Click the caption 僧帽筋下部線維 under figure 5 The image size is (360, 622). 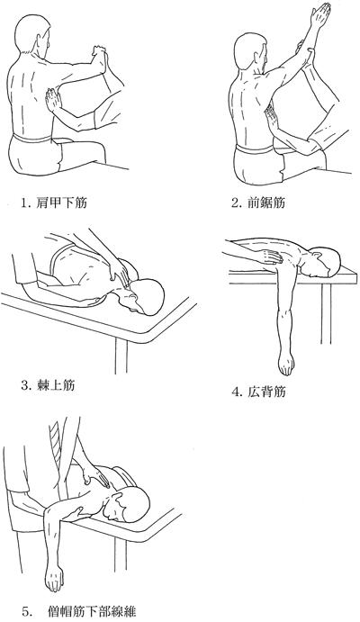click(92, 611)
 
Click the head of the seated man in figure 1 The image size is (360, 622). click(33, 35)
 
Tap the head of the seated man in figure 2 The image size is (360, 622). click(251, 53)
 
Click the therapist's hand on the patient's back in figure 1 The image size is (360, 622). click(53, 100)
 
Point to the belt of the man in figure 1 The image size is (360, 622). click(32, 139)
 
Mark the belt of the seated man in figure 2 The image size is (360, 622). click(255, 150)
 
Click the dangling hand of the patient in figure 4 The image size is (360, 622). click(286, 365)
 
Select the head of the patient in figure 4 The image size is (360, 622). click(325, 261)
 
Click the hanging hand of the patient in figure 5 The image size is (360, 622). click(53, 580)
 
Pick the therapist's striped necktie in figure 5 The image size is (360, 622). click(57, 441)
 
